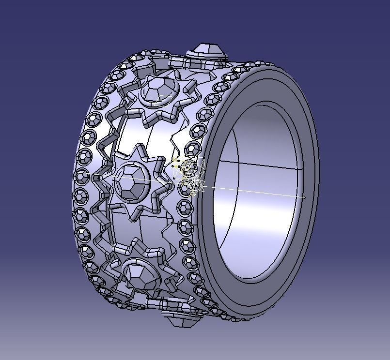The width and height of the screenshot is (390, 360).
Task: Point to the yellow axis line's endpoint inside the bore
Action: pyautogui.click(x=304, y=197)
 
